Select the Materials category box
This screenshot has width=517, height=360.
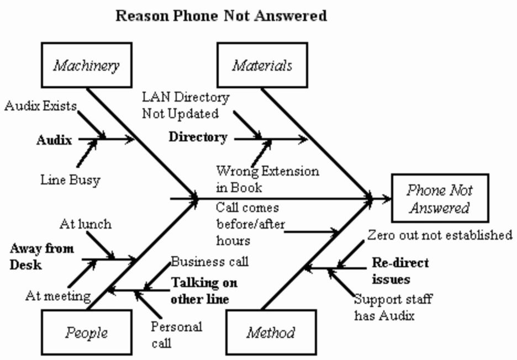tap(262, 66)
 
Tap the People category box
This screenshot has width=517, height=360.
tap(86, 332)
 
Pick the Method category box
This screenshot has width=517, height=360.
tap(271, 332)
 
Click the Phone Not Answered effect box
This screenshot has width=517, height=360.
tap(440, 199)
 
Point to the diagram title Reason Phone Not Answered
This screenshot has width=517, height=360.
tap(221, 15)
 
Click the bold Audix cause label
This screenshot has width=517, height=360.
tap(54, 140)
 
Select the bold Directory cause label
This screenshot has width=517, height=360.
tap(198, 137)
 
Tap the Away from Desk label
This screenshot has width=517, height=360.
tap(41, 257)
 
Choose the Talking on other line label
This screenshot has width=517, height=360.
tap(204, 291)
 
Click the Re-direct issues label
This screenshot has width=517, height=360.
tap(400, 271)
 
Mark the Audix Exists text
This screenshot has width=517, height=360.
tap(40, 106)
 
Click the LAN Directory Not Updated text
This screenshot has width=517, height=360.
tap(185, 105)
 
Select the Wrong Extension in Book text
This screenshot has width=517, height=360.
tap(267, 179)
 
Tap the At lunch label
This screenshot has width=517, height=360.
tap(85, 224)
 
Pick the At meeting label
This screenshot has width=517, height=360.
tap(58, 296)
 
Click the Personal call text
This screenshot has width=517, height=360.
tap(176, 334)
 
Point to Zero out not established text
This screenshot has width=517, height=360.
tap(440, 235)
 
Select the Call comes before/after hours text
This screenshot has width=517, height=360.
tap(247, 224)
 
